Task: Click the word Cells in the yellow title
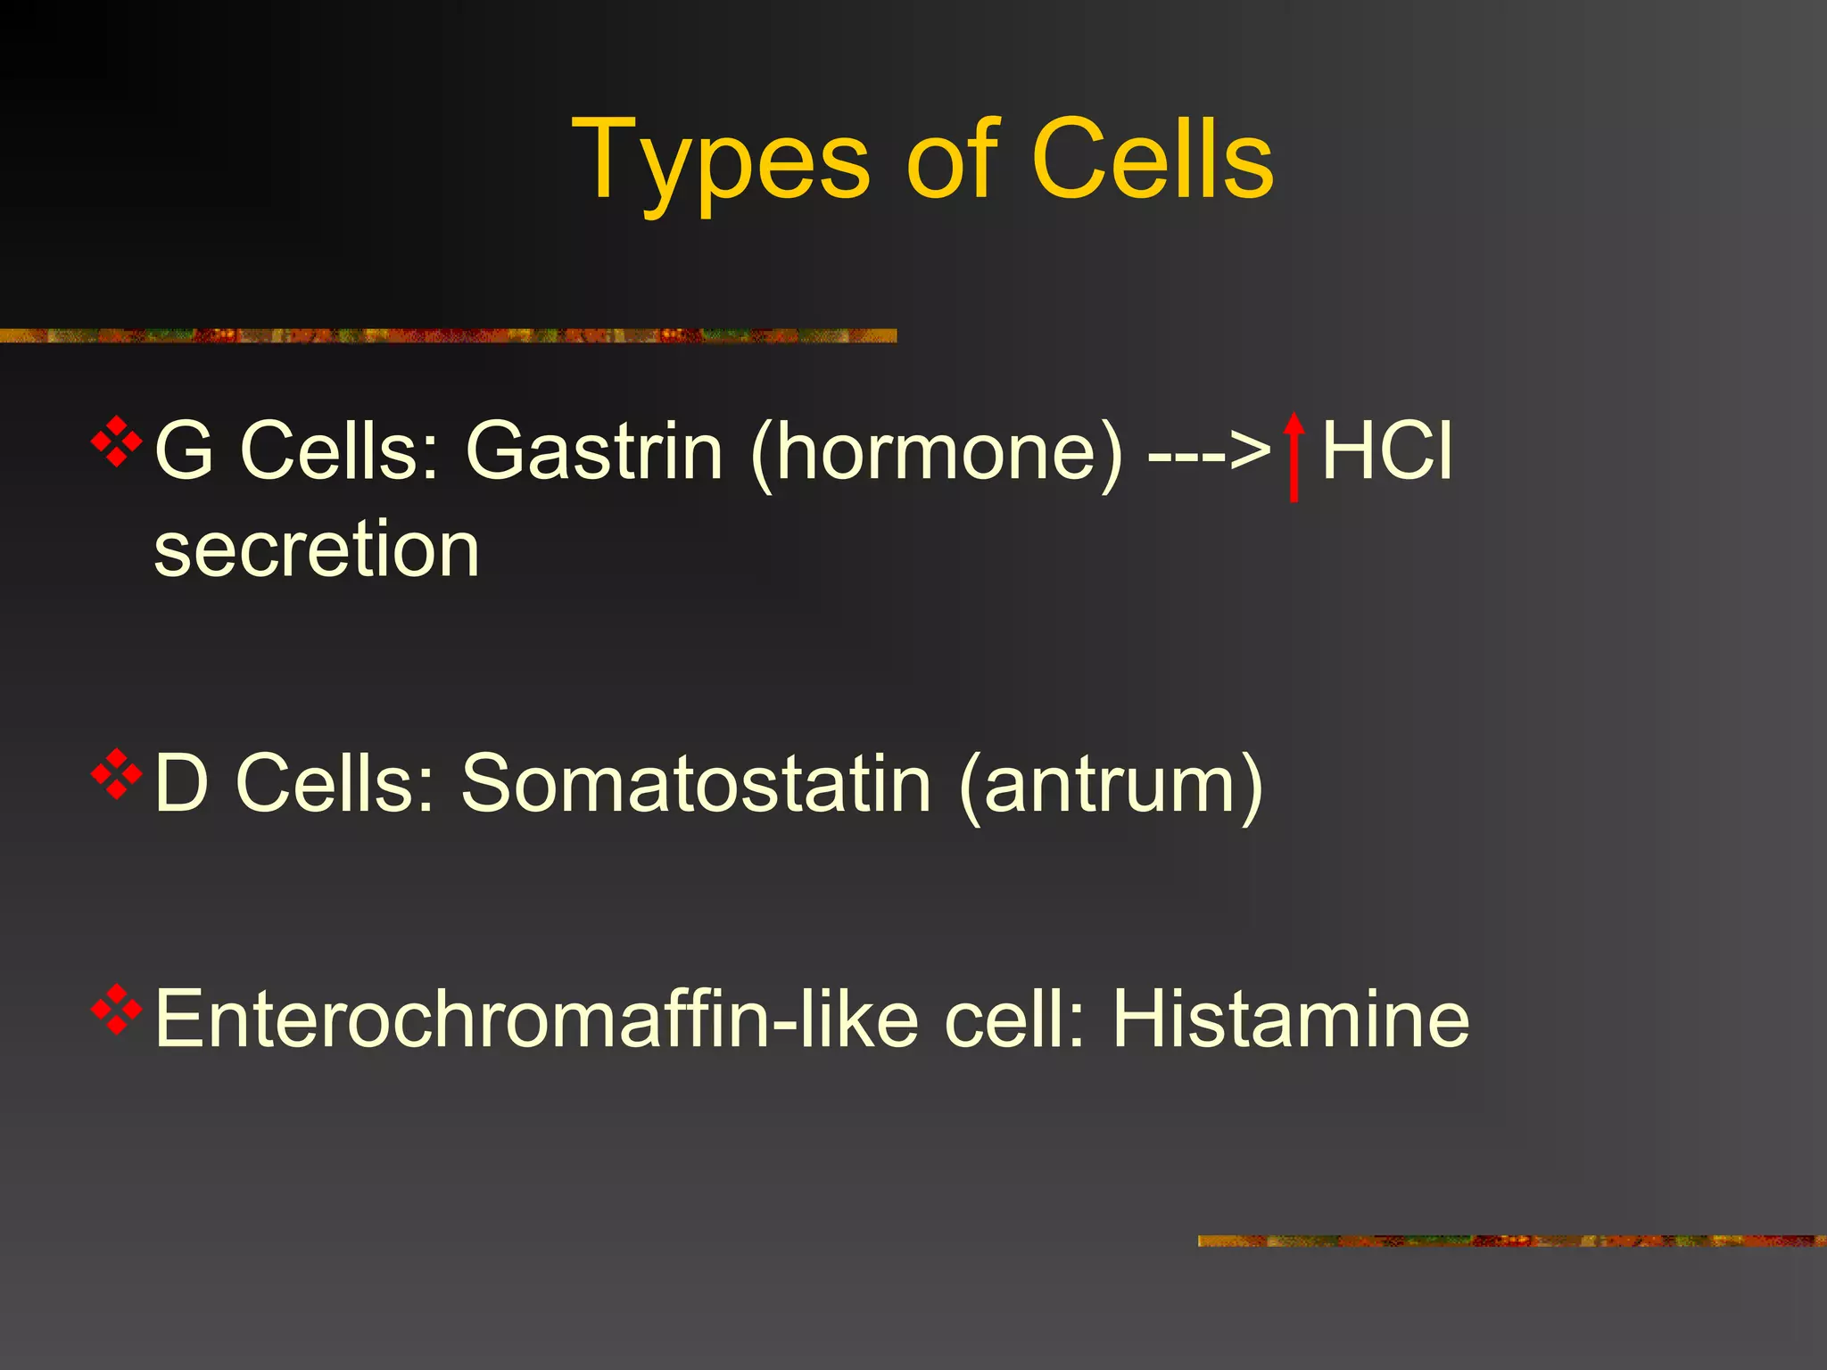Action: point(1152,161)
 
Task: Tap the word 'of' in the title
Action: point(951,161)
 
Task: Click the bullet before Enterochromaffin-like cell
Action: point(117,1009)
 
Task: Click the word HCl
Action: point(1387,451)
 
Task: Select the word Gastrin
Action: point(594,451)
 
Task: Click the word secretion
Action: point(317,549)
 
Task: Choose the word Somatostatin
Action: point(696,783)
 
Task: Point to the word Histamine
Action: point(1290,1019)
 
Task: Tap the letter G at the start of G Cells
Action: point(184,451)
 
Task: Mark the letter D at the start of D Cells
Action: point(181,783)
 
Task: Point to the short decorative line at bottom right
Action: point(1511,1241)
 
